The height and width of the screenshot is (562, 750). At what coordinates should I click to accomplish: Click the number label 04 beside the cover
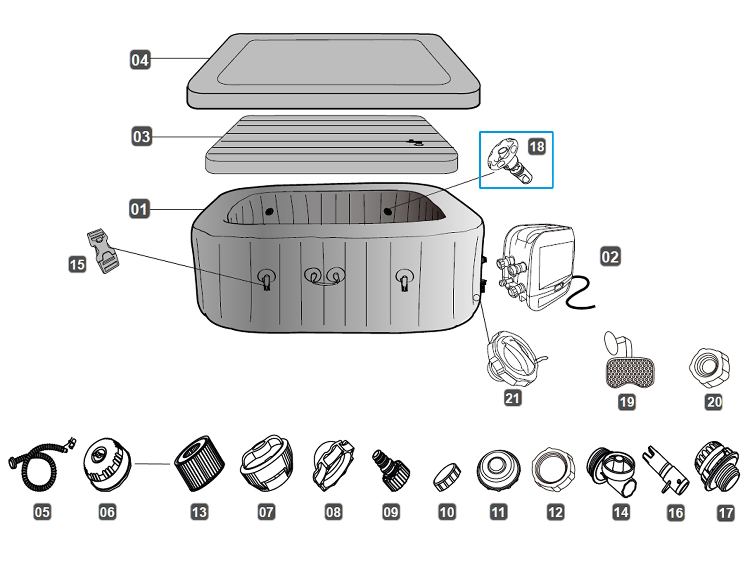click(x=140, y=60)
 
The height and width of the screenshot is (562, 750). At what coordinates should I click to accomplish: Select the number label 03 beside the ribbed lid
click(x=142, y=137)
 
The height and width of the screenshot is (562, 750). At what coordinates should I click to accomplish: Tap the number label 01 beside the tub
click(x=139, y=209)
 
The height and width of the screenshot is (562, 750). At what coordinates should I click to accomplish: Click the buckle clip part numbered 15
click(x=103, y=251)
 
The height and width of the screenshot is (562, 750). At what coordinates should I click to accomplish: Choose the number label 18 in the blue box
click(x=537, y=147)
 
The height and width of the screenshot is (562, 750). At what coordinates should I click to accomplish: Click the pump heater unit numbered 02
click(x=539, y=267)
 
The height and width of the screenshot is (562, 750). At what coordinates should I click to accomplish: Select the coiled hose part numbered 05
click(x=40, y=464)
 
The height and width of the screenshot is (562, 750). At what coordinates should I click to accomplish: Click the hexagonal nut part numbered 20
click(x=710, y=368)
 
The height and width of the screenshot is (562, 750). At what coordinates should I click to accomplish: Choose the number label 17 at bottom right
click(x=726, y=513)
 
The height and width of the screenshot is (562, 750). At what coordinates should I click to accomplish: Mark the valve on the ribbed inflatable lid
click(x=414, y=142)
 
